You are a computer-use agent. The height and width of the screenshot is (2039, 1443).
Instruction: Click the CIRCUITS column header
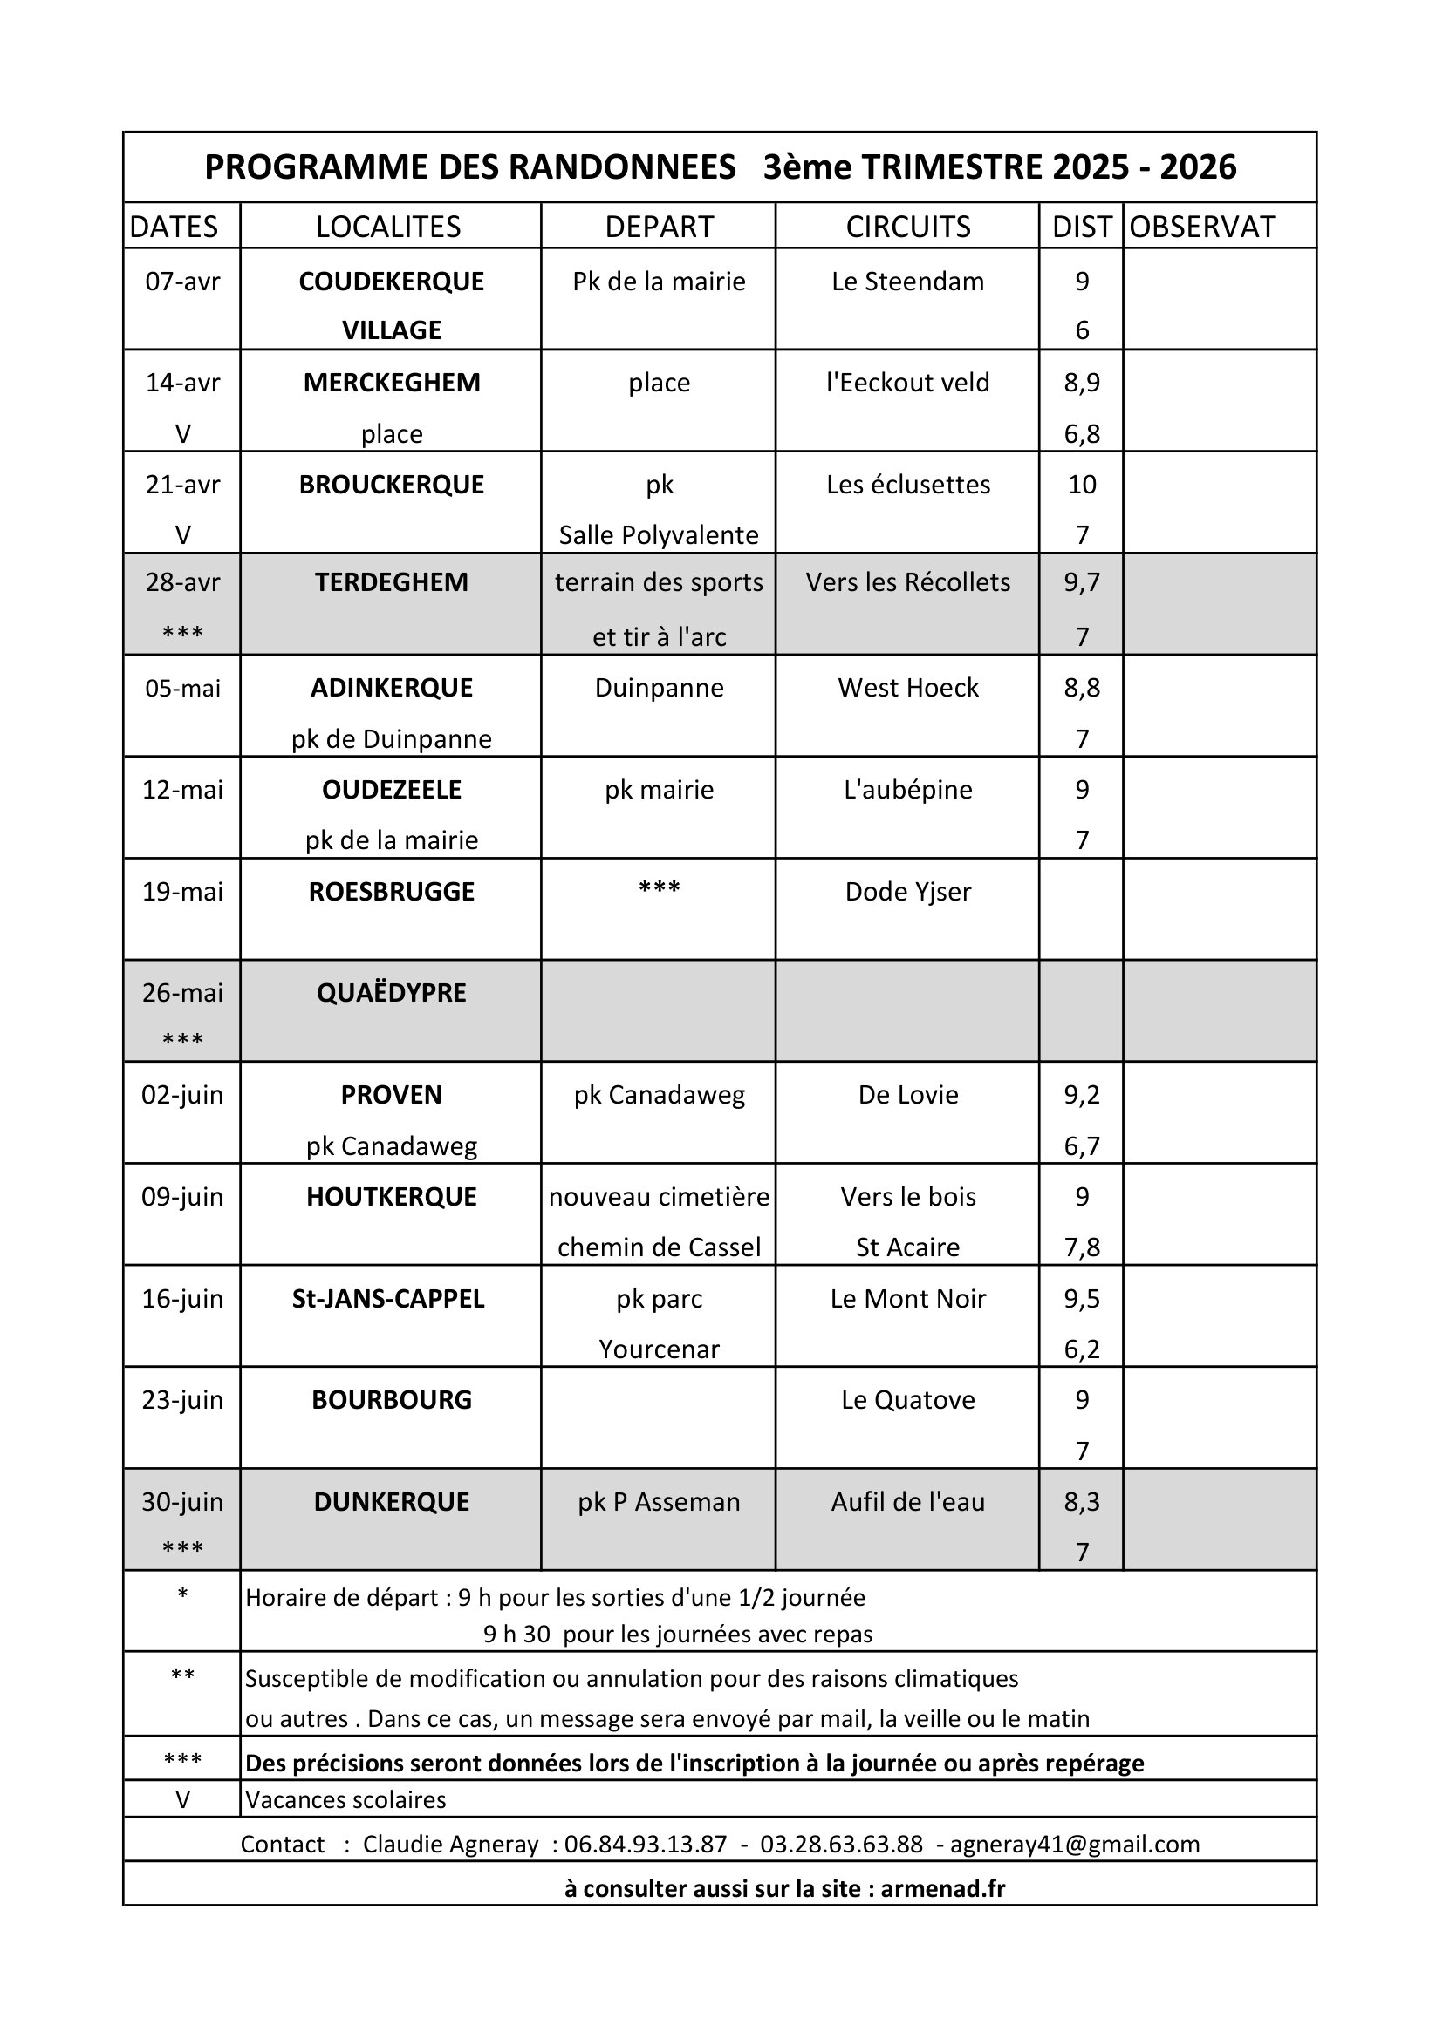click(907, 227)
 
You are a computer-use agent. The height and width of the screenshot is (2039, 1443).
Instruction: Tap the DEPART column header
click(659, 227)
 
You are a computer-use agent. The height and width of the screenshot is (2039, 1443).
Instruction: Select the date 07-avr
click(182, 282)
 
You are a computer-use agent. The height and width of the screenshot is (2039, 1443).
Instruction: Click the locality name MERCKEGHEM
click(391, 383)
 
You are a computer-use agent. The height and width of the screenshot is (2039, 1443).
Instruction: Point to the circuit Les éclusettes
click(907, 485)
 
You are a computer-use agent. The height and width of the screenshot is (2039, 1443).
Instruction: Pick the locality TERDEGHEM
click(391, 582)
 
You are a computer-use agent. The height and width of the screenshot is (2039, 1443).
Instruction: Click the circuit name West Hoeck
click(907, 689)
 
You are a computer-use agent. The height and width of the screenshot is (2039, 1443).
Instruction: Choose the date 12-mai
click(182, 790)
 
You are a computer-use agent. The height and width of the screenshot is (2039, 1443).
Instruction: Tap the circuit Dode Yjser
click(907, 892)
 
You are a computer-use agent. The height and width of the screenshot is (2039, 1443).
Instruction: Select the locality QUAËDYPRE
click(391, 993)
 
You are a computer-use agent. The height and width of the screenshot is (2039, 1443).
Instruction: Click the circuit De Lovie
click(907, 1095)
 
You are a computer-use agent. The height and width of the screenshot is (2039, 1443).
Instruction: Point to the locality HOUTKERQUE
click(391, 1197)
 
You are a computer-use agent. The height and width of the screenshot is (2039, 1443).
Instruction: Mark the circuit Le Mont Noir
click(907, 1299)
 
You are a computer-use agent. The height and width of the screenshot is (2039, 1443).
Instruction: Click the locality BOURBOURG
click(391, 1401)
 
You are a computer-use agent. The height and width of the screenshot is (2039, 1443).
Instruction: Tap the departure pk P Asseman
click(659, 1503)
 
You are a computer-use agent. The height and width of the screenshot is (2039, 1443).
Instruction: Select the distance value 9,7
click(1081, 582)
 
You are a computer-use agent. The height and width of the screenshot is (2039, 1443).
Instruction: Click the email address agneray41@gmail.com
click(1074, 1845)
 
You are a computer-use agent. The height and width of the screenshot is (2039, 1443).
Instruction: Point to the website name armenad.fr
click(943, 1888)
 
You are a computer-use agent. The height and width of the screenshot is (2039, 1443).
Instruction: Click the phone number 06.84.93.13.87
click(645, 1845)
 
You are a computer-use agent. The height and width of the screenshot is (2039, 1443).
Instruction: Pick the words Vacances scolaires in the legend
click(345, 1800)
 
